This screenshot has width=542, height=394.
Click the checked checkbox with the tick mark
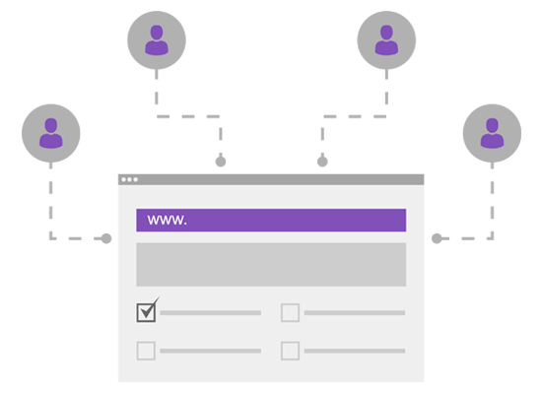click(146, 312)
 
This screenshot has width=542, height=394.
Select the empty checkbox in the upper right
click(290, 312)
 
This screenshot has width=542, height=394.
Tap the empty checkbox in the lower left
click(146, 351)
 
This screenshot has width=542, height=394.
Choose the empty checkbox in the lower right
click(290, 351)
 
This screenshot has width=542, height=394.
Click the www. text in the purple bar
click(167, 220)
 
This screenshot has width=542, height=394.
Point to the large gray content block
click(271, 264)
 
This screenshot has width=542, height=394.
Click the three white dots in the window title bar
click(130, 179)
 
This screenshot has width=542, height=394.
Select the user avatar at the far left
click(51, 133)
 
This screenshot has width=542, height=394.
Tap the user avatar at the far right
click(492, 133)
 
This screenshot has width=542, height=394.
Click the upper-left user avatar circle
click(157, 39)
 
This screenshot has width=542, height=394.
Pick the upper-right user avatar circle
click(386, 39)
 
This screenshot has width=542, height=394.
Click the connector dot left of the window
click(106, 238)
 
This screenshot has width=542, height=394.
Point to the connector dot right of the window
click(437, 238)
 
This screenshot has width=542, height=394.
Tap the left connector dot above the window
click(221, 162)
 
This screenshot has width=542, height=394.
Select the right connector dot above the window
click(322, 162)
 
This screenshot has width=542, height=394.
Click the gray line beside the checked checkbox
click(210, 313)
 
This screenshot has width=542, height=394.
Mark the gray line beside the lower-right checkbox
click(355, 351)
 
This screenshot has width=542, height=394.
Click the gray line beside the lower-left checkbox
click(210, 351)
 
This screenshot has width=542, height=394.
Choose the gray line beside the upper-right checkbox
click(355, 313)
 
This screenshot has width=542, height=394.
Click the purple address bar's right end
click(406, 220)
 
